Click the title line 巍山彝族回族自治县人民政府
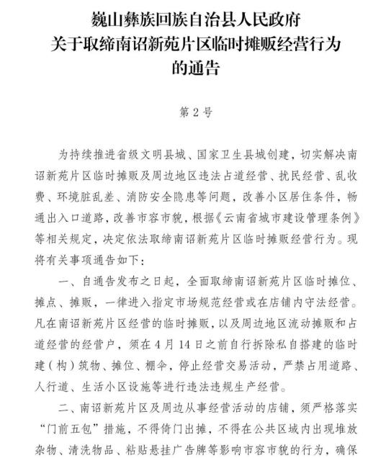click(193, 19)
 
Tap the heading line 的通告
click(194, 70)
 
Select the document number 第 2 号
click(194, 113)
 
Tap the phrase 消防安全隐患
click(145, 196)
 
